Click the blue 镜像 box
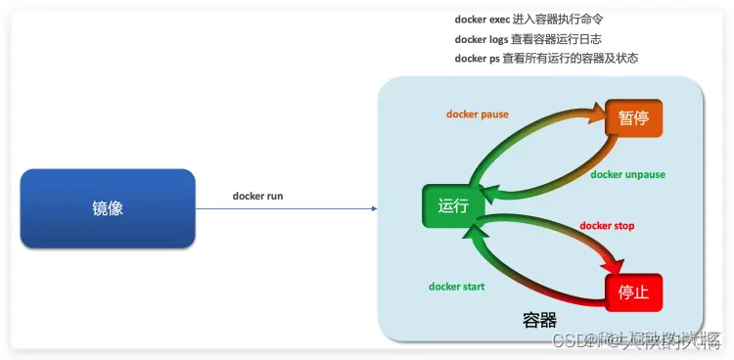pyautogui.click(x=108, y=208)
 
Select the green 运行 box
pyautogui.click(x=453, y=207)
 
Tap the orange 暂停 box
pyautogui.click(x=633, y=118)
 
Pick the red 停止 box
pyautogui.click(x=633, y=292)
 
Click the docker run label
pyautogui.click(x=257, y=196)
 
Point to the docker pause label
pyautogui.click(x=478, y=114)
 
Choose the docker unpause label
pyautogui.click(x=627, y=175)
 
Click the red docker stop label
pyautogui.click(x=607, y=226)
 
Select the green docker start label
pyautogui.click(x=457, y=287)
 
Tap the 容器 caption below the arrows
pyautogui.click(x=539, y=320)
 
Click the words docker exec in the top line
pyautogui.click(x=481, y=20)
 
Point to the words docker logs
pyautogui.click(x=481, y=39)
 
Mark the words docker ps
pyautogui.click(x=477, y=59)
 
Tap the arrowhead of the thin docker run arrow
pyautogui.click(x=373, y=208)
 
